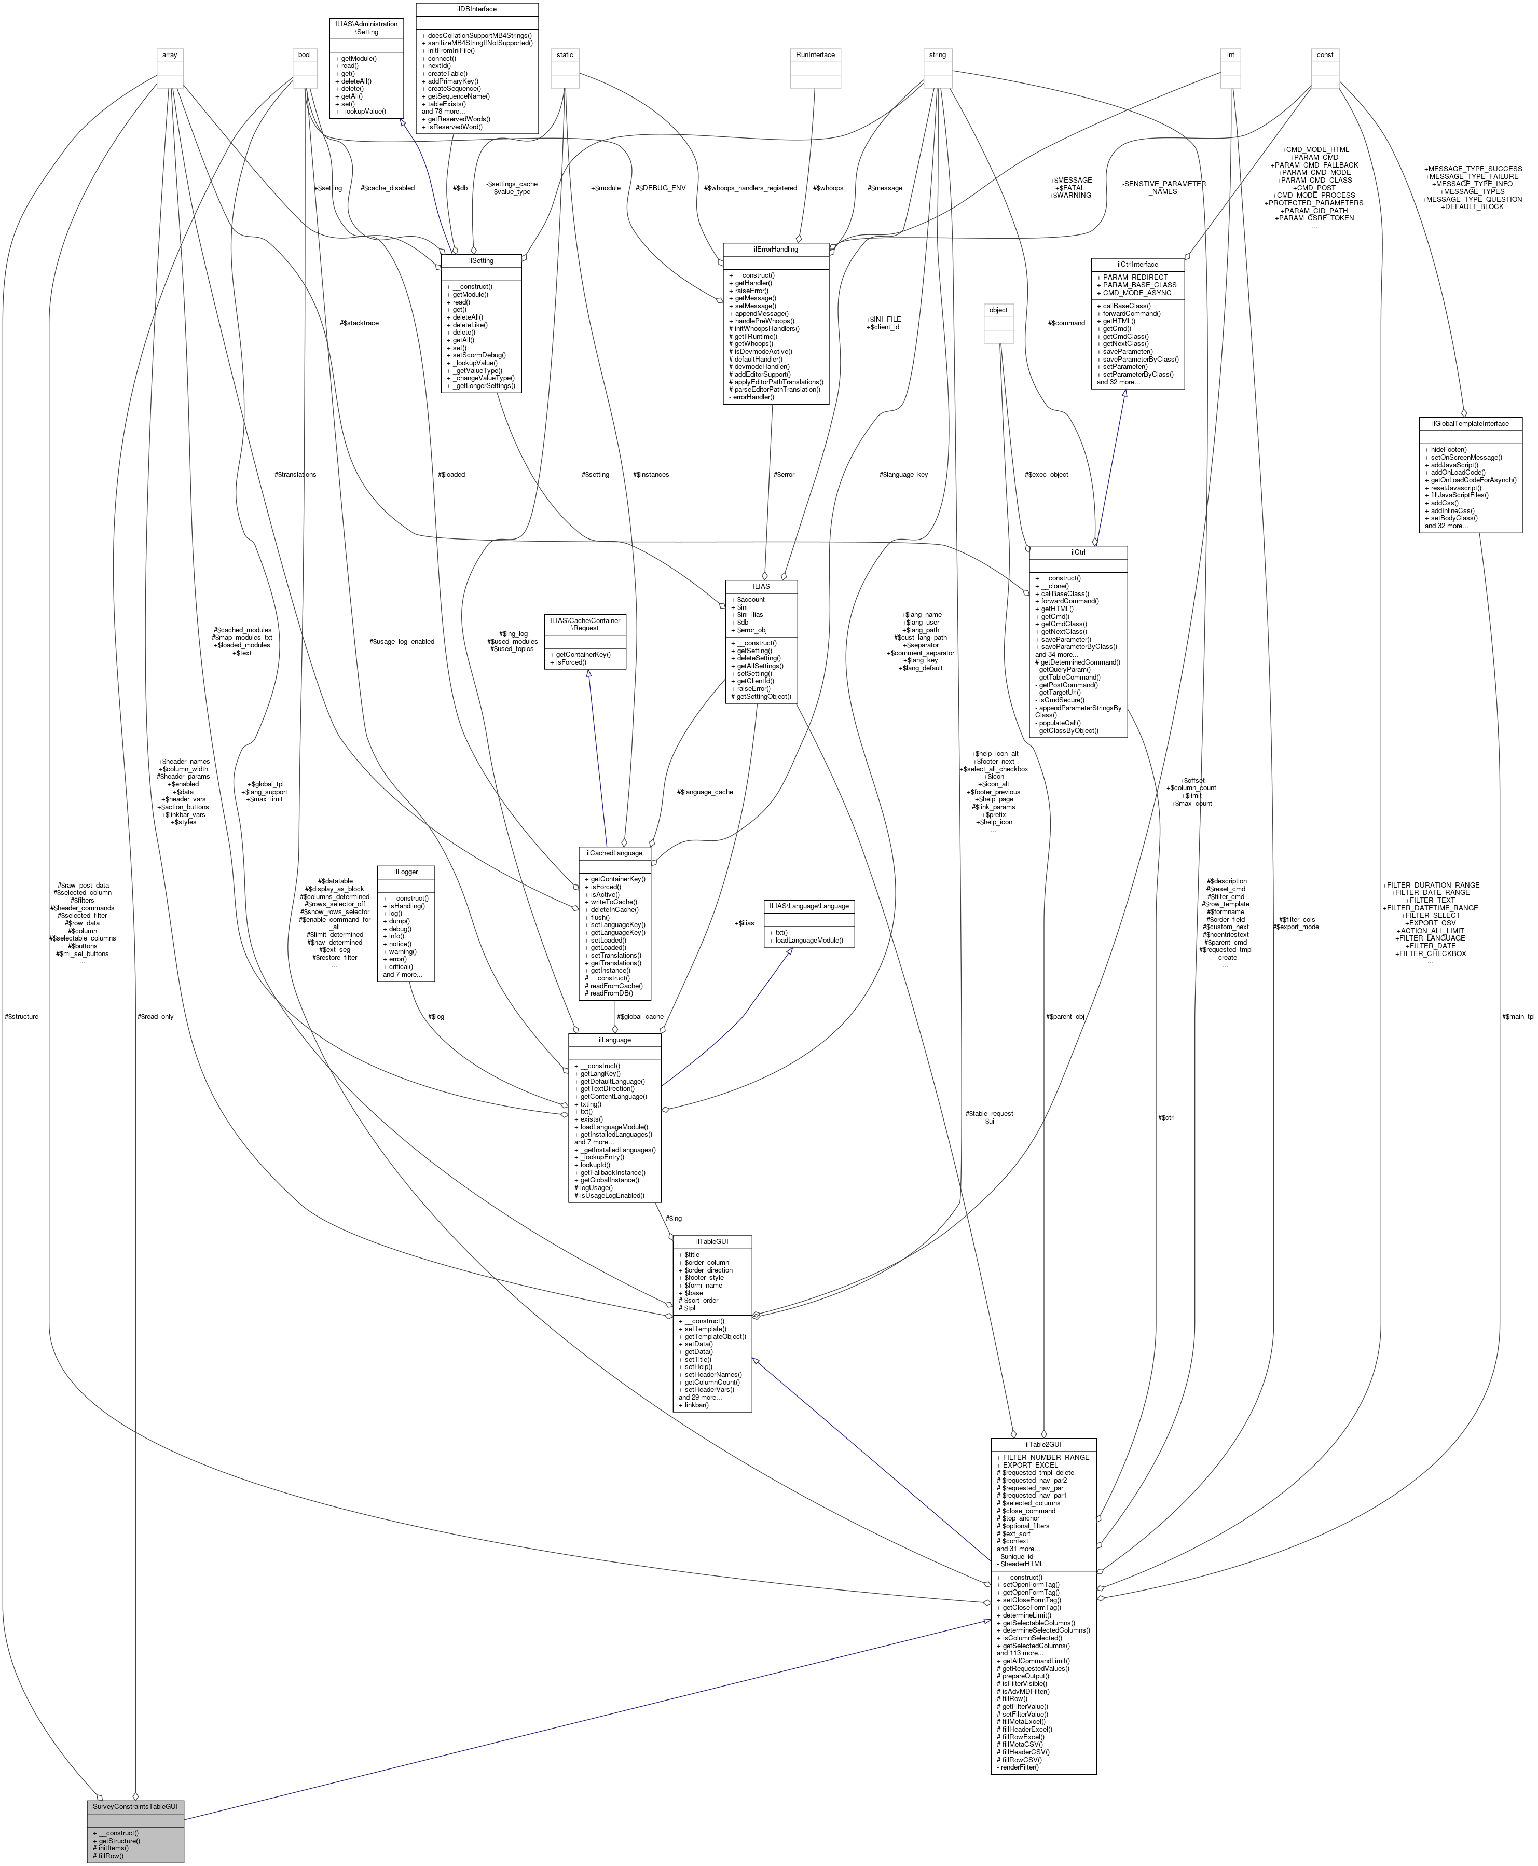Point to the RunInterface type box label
[815, 55]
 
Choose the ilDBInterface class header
[477, 9]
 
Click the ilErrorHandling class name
[775, 250]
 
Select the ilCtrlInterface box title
[1137, 264]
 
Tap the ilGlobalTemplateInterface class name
[1470, 423]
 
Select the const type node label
[1325, 55]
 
